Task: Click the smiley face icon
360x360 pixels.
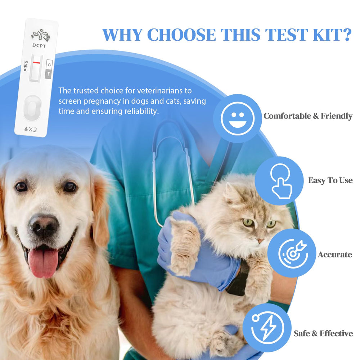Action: click(x=238, y=118)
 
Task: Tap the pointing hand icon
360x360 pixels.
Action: click(x=280, y=181)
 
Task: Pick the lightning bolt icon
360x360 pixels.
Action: click(x=268, y=328)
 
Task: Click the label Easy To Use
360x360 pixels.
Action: click(x=330, y=180)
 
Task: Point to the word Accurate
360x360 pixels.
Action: click(x=335, y=255)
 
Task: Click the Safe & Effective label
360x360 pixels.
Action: click(x=323, y=333)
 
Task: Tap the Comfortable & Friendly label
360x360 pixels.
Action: click(x=308, y=116)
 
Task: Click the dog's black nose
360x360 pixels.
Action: click(x=44, y=226)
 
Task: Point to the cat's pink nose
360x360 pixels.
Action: click(x=260, y=240)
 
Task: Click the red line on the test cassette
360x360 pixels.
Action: click(x=36, y=62)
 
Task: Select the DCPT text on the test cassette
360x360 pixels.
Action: click(x=39, y=45)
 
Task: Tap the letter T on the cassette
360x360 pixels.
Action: click(x=48, y=74)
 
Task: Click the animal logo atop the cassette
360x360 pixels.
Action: click(x=41, y=35)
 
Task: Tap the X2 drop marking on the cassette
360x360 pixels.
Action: click(x=31, y=130)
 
